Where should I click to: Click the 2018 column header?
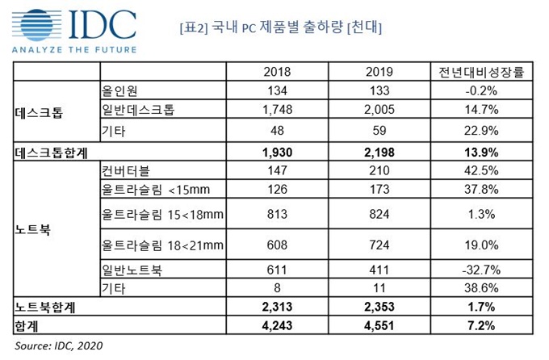[277, 72]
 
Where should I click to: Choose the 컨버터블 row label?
[128, 171]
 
